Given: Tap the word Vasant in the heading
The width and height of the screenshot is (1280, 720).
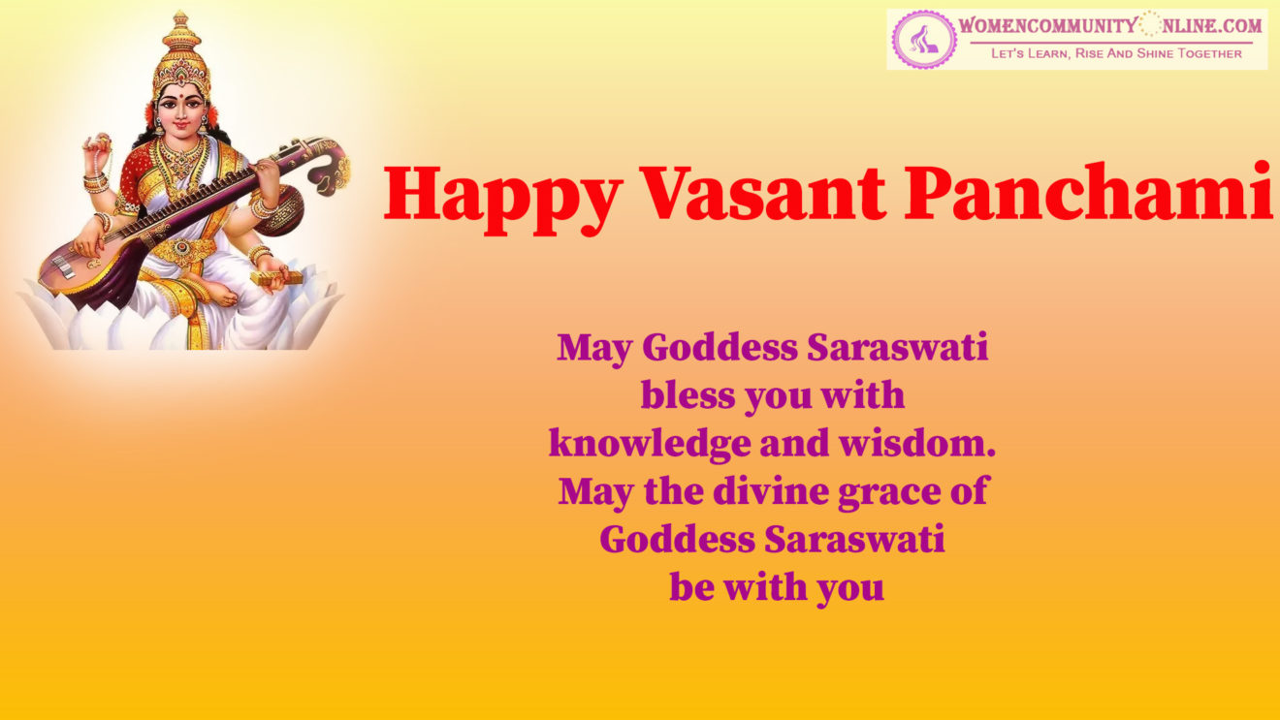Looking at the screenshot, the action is click(762, 193).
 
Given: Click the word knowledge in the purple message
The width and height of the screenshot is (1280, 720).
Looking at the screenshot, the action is click(650, 444).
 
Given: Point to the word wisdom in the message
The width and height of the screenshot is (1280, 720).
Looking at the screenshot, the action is click(917, 443).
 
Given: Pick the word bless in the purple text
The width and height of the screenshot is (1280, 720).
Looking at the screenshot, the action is click(688, 395).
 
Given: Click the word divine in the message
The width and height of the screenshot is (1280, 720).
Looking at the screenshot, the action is click(771, 491).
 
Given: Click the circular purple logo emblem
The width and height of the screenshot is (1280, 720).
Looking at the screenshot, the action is click(924, 40).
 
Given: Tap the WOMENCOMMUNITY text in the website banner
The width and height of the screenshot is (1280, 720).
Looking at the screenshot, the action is click(1047, 26).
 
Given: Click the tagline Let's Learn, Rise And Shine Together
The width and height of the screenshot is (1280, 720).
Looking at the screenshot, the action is click(1116, 53).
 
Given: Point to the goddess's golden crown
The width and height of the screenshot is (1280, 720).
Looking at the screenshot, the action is click(181, 55).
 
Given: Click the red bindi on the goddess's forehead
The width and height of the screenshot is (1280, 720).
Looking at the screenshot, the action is click(181, 90).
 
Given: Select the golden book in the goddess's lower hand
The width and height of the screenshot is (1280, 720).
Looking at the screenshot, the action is click(276, 277).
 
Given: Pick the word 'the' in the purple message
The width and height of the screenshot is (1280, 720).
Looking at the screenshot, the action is click(674, 491).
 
